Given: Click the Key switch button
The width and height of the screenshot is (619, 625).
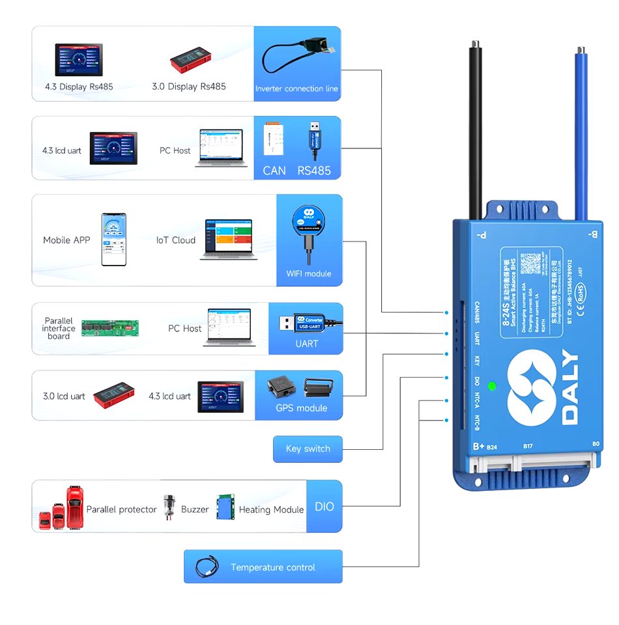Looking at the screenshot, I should coord(308,449).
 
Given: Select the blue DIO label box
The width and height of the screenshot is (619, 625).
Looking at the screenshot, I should coord(324,507).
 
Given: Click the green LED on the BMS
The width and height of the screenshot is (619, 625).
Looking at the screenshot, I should coord(492,385).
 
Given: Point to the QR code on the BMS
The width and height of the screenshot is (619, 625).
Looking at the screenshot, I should coord(532,262).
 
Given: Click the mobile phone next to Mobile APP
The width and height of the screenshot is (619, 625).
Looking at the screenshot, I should coord(113,240).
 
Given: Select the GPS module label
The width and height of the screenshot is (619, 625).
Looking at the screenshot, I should coord(301,408).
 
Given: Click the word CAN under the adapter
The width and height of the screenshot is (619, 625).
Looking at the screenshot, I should coord(274,171).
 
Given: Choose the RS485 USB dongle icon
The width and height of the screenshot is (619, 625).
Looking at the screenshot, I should coord(314,139).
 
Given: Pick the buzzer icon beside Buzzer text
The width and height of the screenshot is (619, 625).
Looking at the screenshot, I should coord(171,506).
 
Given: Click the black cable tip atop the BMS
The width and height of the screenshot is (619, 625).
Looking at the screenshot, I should coord(476,46).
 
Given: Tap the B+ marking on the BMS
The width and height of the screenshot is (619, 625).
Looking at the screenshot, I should coord(478,447).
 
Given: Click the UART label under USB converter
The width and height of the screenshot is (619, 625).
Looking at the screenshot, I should coord(306,343).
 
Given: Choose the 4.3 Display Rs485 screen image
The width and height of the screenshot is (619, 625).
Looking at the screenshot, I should coord(79,60).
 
